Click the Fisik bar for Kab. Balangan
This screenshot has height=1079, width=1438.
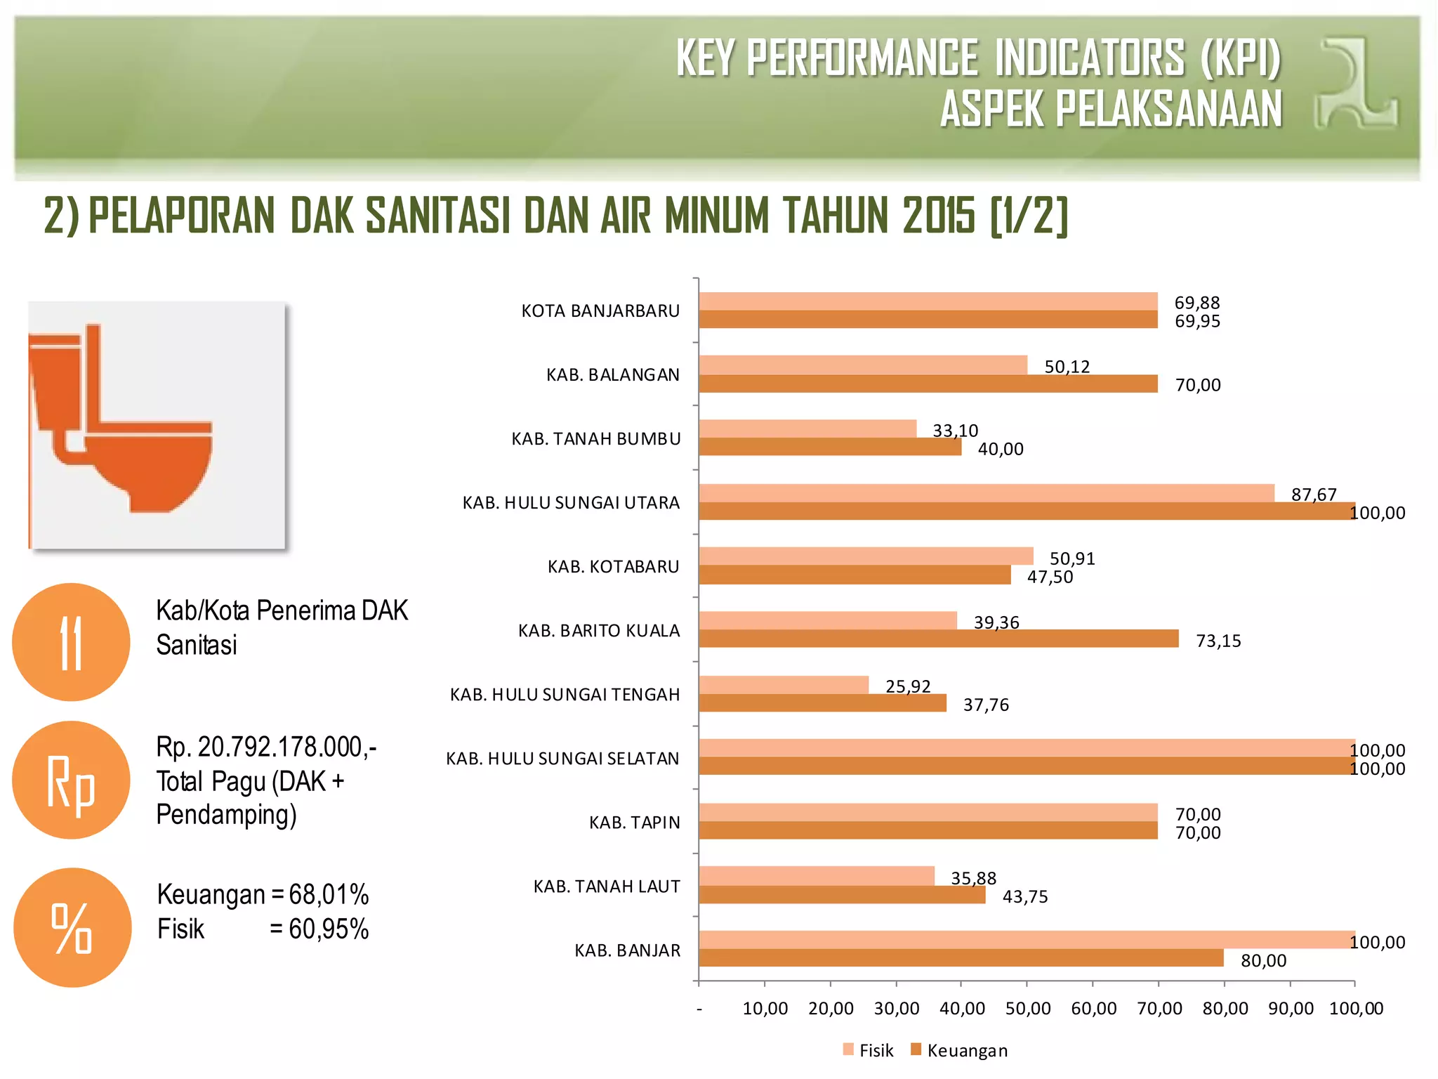click(x=862, y=365)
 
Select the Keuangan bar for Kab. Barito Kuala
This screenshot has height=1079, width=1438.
click(x=938, y=639)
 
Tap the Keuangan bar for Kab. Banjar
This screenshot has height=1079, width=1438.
click(x=961, y=958)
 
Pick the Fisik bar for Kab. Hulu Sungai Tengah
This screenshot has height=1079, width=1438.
click(x=784, y=684)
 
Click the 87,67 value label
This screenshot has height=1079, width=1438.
click(x=1314, y=495)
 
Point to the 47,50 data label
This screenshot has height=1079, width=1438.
click(x=1050, y=577)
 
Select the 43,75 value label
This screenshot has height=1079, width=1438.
click(x=1024, y=896)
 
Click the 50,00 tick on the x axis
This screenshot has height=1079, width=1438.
click(x=1027, y=1009)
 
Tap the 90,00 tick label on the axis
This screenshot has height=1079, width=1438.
click(x=1290, y=1009)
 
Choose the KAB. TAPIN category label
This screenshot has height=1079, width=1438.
click(x=634, y=822)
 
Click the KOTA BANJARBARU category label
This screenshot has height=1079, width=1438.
click(x=600, y=310)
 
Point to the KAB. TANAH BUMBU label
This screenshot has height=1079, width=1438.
click(x=596, y=438)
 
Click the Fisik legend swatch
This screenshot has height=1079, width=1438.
click(x=848, y=1049)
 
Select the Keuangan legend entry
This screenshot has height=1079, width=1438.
click(x=966, y=1050)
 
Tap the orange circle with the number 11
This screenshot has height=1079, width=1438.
click(x=71, y=642)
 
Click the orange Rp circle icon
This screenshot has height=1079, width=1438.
click(x=71, y=780)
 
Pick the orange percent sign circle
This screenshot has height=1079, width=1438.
click(x=72, y=927)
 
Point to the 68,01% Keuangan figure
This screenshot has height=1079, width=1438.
click(x=329, y=894)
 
